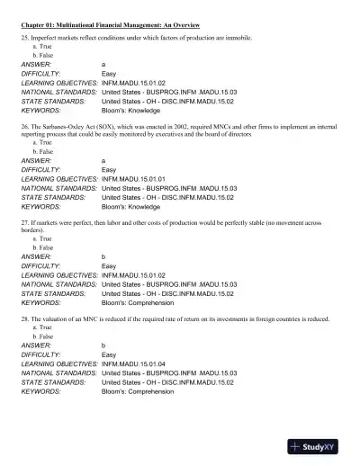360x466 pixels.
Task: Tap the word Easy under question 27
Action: (x=109, y=265)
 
